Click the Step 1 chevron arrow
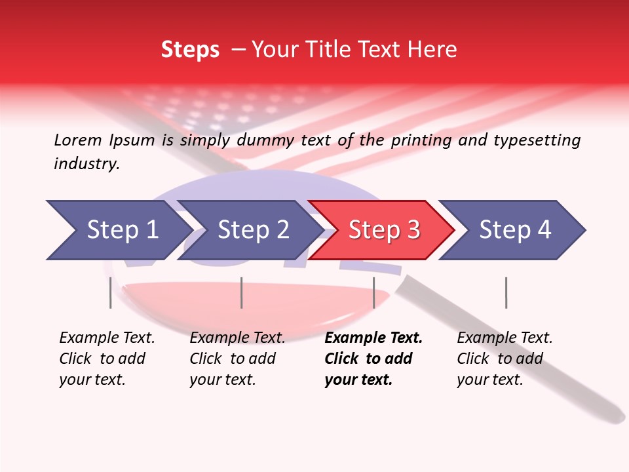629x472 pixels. click(118, 230)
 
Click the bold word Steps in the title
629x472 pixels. click(190, 50)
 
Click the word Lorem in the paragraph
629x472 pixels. click(78, 140)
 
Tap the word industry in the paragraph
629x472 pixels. click(86, 164)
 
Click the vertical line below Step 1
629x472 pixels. click(110, 292)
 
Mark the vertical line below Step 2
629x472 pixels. click(242, 292)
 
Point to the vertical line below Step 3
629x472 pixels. click(373, 292)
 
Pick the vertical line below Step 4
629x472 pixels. click(506, 292)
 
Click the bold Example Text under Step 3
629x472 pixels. click(373, 338)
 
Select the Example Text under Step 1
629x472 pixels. click(107, 338)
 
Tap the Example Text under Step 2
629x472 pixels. click(237, 338)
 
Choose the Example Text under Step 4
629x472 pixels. click(505, 338)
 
